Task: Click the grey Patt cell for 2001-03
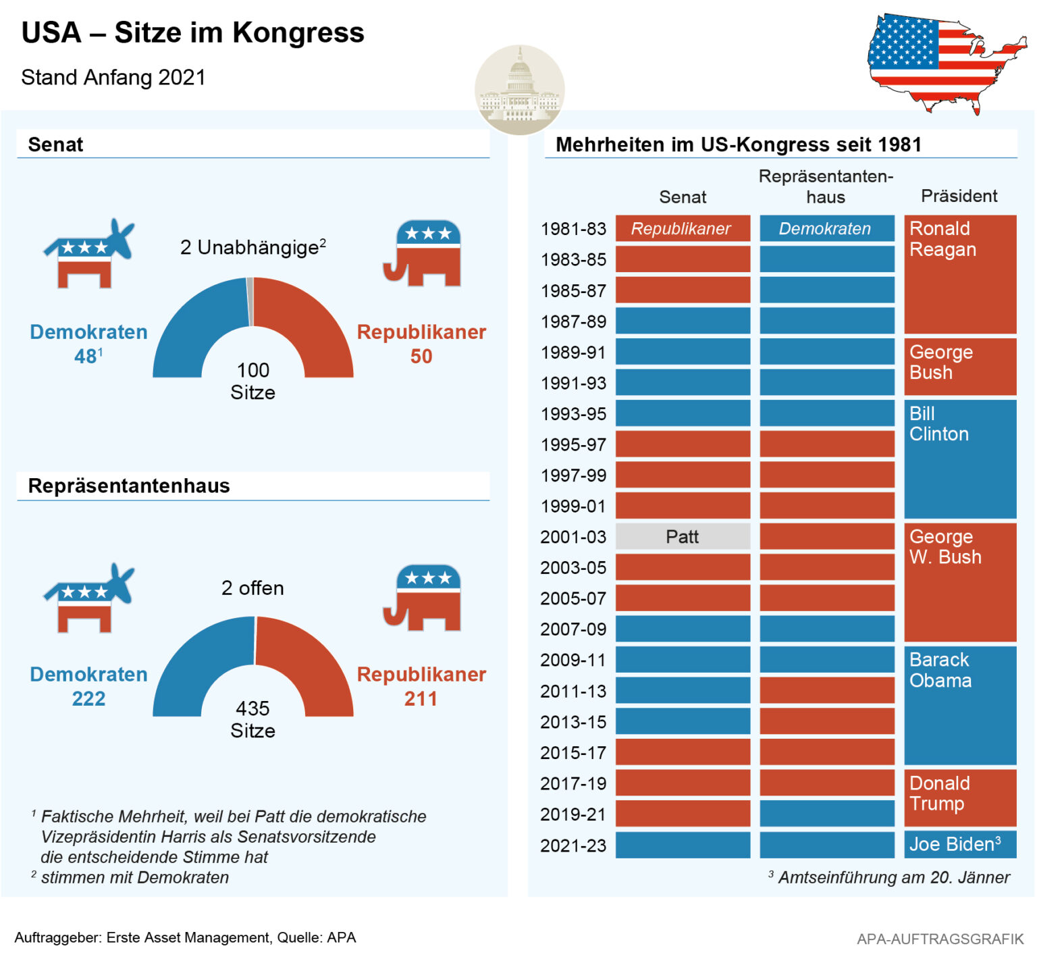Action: point(683,537)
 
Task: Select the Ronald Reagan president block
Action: point(959,274)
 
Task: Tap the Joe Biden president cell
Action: point(959,845)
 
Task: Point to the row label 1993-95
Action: point(573,414)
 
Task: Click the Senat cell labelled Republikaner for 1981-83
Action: point(683,229)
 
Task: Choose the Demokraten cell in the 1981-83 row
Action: point(826,229)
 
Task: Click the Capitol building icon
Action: point(519,90)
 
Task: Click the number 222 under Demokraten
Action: point(88,698)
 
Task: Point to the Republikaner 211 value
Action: point(421,698)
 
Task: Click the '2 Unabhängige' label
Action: point(252,247)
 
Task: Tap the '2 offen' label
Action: point(252,588)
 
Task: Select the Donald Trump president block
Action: point(959,798)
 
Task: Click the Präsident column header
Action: point(959,196)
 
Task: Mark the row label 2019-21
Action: point(573,814)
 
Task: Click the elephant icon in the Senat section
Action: point(423,253)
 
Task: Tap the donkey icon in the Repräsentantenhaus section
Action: point(88,598)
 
